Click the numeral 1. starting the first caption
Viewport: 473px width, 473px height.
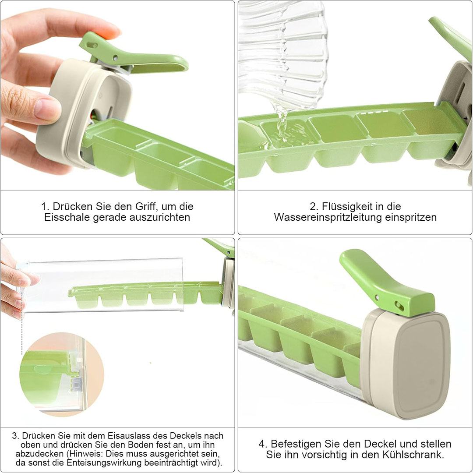(x=45, y=207)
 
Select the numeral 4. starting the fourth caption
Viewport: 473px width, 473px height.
(x=263, y=444)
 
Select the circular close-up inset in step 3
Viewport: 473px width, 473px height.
(x=62, y=374)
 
